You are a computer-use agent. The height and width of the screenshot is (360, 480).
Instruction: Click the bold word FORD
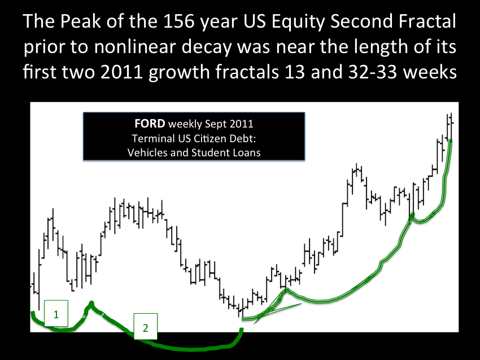coord(150,124)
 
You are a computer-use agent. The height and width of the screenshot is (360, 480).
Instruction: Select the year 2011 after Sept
coord(242,124)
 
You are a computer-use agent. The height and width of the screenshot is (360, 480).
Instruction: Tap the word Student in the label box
coord(211,152)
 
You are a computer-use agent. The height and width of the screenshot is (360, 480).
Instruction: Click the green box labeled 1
coord(56,313)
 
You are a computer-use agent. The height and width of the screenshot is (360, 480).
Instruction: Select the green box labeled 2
coord(146,326)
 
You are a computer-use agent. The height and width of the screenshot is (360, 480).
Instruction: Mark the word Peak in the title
coord(80,21)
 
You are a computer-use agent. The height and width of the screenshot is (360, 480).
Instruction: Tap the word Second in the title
coord(362,21)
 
